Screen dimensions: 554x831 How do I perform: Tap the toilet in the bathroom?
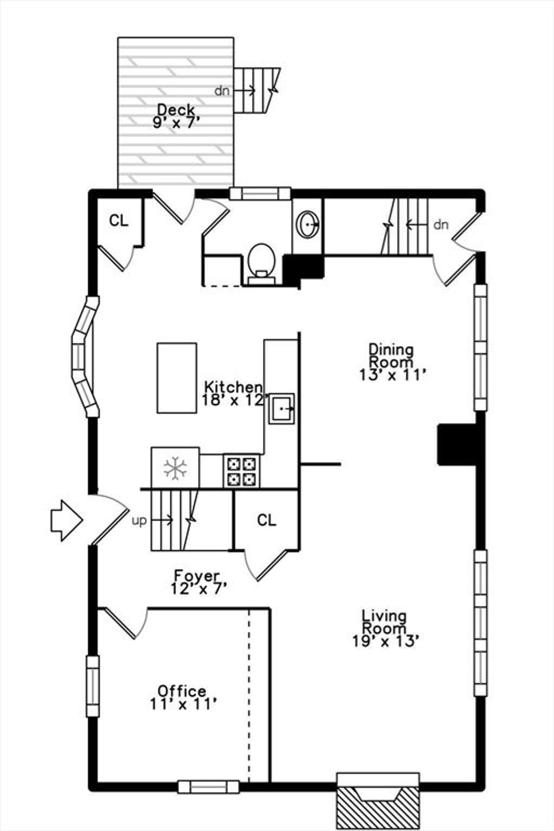262,264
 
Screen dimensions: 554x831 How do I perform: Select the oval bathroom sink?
308,224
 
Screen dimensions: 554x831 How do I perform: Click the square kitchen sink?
282,408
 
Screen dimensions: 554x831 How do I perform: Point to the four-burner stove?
241,471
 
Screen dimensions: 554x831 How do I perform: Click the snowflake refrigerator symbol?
175,467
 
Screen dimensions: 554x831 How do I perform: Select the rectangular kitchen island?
176,378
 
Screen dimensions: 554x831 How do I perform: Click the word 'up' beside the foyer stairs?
139,521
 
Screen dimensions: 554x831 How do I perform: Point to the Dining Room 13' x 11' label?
391,362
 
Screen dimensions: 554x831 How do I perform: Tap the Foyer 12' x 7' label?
198,582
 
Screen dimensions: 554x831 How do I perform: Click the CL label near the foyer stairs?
266,520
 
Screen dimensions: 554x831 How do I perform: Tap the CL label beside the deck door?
118,221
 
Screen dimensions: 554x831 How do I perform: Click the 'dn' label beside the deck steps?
222,90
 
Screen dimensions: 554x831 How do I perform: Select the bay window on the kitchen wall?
85,356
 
